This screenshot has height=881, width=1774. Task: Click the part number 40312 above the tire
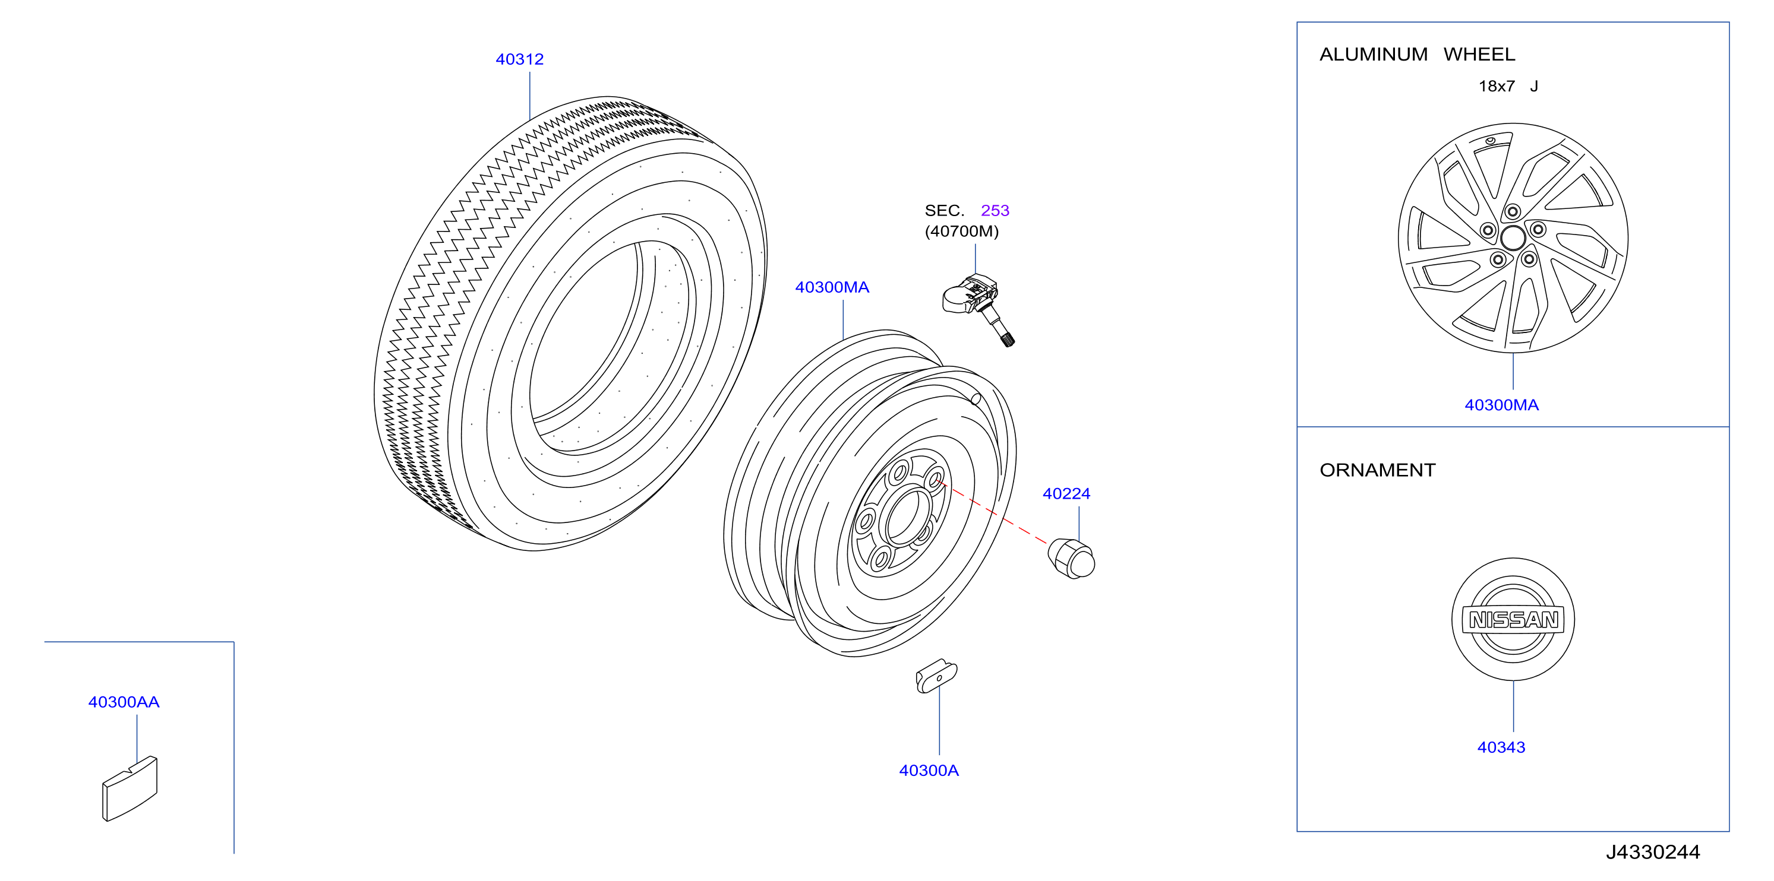coord(519,59)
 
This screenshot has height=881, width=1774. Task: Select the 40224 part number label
coord(1066,493)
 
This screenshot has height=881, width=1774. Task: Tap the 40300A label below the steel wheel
coord(929,770)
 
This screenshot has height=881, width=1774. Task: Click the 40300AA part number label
coord(124,702)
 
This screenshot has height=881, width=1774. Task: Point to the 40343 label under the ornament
coord(1501,747)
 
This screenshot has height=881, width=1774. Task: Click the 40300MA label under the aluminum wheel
coord(1501,405)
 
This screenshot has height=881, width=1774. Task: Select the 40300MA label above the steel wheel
coord(832,287)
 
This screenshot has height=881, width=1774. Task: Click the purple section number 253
coord(995,210)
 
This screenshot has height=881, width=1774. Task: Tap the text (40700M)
coord(961,232)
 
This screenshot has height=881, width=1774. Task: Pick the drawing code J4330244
coord(1653,852)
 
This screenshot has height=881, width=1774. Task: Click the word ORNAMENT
coord(1377,470)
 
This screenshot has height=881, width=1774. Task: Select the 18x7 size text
coord(1497,86)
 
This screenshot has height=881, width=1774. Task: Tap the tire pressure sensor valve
coord(978,308)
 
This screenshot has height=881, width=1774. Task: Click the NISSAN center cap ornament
coord(1513,619)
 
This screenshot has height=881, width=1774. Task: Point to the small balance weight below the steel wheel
coord(936,676)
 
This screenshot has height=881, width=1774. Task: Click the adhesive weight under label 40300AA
coord(130,789)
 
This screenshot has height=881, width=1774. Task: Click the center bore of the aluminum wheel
coord(1513,238)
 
